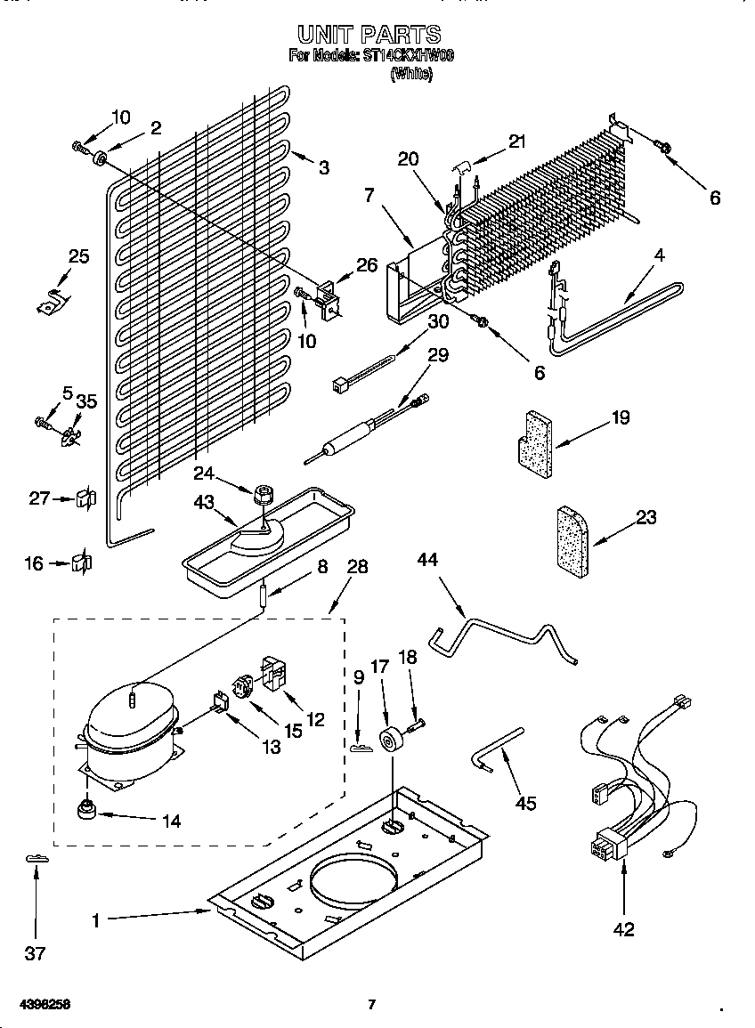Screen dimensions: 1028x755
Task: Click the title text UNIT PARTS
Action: pos(369,35)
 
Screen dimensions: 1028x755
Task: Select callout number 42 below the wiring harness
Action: pos(624,929)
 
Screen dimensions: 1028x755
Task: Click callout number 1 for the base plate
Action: pos(96,921)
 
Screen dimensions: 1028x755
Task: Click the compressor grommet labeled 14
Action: pos(87,811)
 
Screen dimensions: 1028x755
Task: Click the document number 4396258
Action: pos(45,1005)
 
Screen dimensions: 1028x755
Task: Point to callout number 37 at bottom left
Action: pos(34,953)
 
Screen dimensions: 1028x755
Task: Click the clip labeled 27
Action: pos(85,498)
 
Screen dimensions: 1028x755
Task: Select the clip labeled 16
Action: pos(82,563)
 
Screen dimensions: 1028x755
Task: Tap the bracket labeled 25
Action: pos(52,301)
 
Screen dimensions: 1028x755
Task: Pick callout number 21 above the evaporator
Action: pos(517,140)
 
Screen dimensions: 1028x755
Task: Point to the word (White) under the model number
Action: pos(411,76)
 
